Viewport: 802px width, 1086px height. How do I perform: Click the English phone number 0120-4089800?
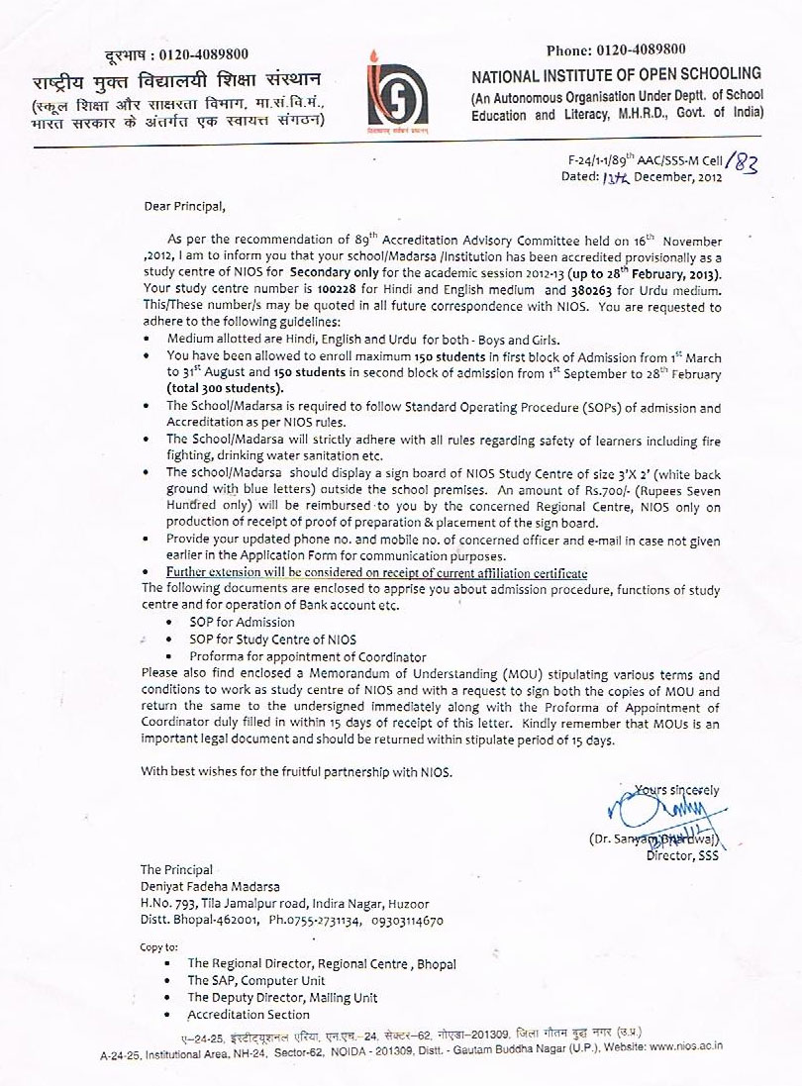666,50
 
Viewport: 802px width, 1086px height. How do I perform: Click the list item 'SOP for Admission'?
242,622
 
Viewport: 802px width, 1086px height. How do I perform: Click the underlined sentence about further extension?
376,574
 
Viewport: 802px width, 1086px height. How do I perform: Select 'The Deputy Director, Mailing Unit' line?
282,998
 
